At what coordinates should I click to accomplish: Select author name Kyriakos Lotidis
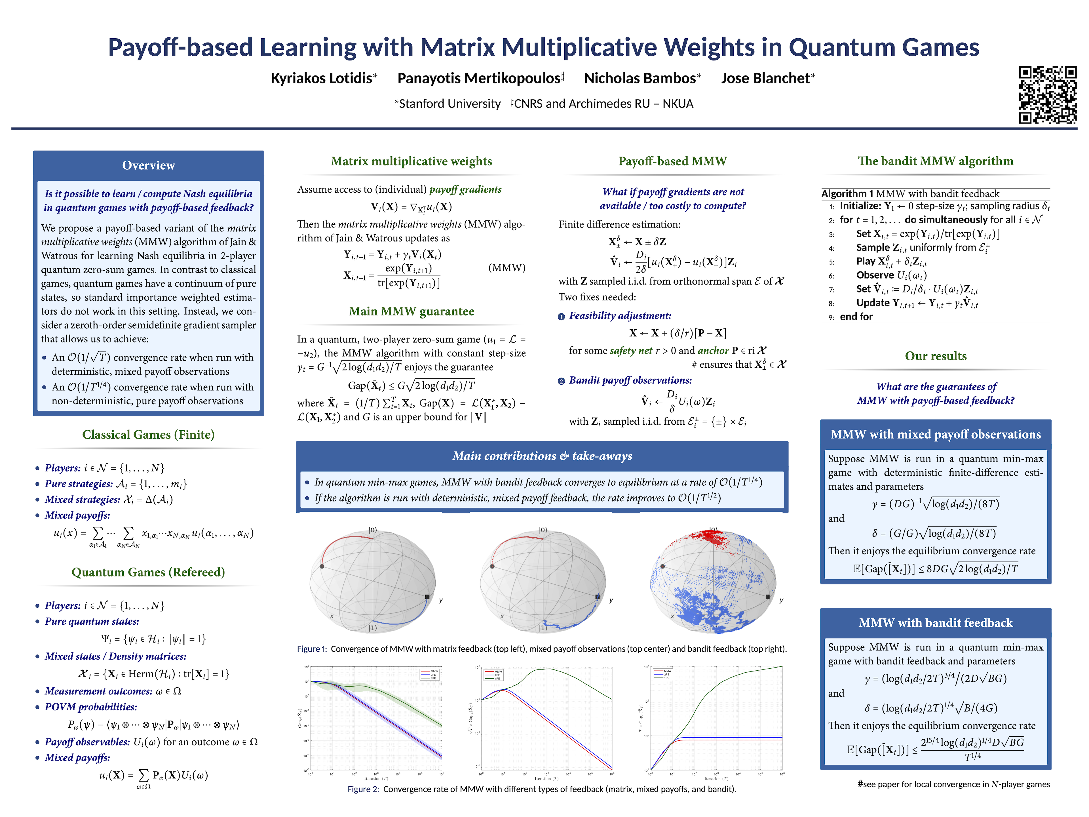pyautogui.click(x=322, y=78)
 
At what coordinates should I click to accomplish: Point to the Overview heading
pyautogui.click(x=148, y=165)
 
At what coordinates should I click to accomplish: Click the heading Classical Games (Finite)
pyautogui.click(x=148, y=434)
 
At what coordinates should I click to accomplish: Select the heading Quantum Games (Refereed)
pyautogui.click(x=148, y=572)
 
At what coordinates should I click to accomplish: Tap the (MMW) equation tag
pyautogui.click(x=506, y=268)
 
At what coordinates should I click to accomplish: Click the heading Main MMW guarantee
pyautogui.click(x=411, y=311)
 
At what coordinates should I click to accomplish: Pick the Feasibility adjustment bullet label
pyautogui.click(x=619, y=316)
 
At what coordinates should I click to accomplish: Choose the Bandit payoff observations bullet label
pyautogui.click(x=630, y=380)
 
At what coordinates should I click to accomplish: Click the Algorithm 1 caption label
pyautogui.click(x=847, y=193)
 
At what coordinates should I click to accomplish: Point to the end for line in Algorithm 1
pyautogui.click(x=856, y=317)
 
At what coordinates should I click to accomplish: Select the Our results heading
pyautogui.click(x=935, y=356)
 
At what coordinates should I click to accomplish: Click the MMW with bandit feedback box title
pyautogui.click(x=935, y=623)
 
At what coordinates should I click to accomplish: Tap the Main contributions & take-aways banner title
pyautogui.click(x=542, y=456)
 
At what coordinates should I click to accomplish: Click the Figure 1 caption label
pyautogui.click(x=311, y=649)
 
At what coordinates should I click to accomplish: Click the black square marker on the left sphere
pyautogui.click(x=427, y=597)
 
